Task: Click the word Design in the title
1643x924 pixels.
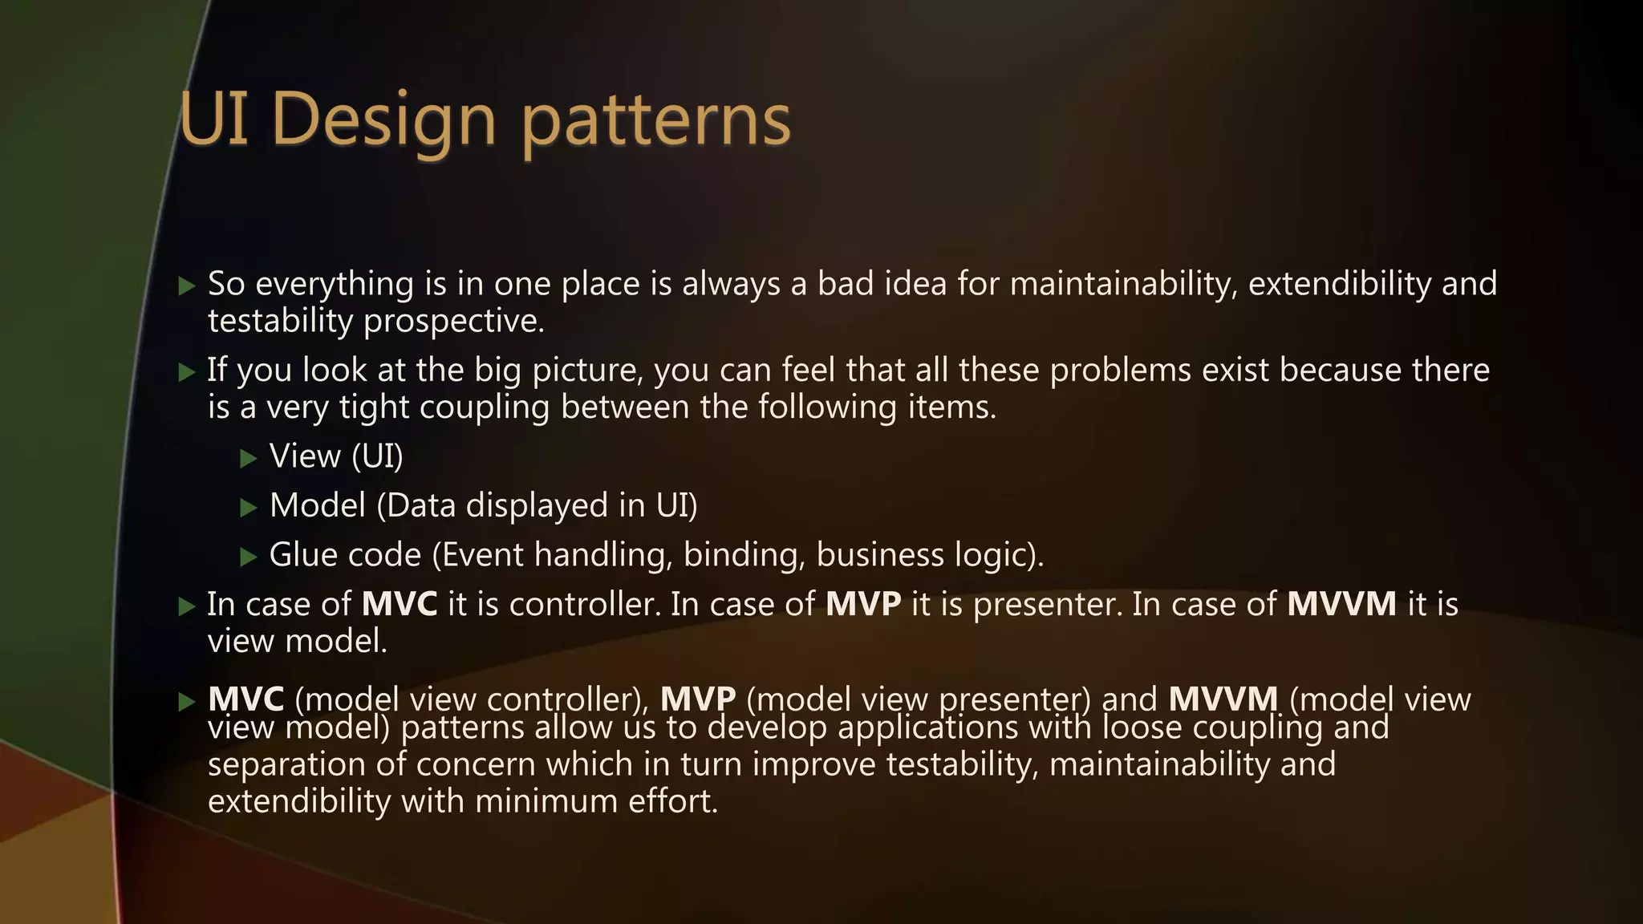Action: (383, 120)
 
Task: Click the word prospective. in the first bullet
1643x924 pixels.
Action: (454, 322)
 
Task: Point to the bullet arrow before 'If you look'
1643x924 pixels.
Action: (187, 372)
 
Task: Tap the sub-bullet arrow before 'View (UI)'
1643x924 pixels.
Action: (249, 459)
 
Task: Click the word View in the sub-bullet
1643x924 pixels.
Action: (305, 456)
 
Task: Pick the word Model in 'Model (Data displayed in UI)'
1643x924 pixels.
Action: (318, 506)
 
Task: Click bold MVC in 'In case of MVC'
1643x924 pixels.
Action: (399, 604)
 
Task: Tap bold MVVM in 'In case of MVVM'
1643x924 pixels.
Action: (1341, 604)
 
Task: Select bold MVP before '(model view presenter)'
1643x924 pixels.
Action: (697, 699)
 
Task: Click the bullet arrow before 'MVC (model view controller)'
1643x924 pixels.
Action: (187, 703)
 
